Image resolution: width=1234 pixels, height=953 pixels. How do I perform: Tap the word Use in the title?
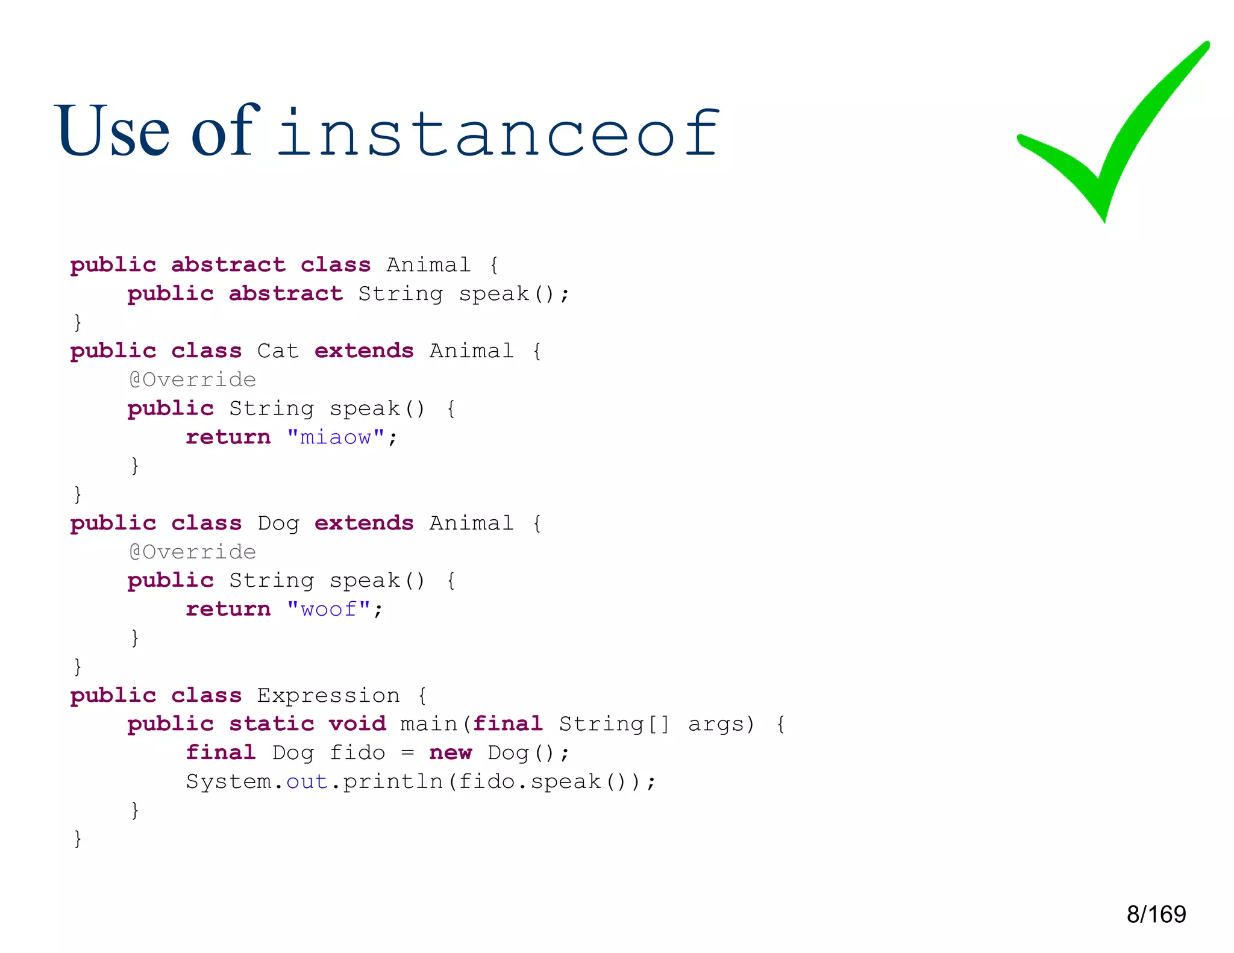pyautogui.click(x=112, y=131)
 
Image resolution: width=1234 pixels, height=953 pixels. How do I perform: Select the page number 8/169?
pyautogui.click(x=1156, y=914)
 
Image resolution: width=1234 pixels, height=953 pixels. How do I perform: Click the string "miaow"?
pyautogui.click(x=336, y=437)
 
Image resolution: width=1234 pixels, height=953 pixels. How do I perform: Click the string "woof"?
pyautogui.click(x=328, y=609)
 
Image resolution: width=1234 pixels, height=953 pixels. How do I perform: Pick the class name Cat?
pyautogui.click(x=278, y=351)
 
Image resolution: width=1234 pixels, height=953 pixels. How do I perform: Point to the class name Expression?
pyautogui.click(x=328, y=695)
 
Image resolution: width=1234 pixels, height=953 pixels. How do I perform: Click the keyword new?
pyautogui.click(x=450, y=752)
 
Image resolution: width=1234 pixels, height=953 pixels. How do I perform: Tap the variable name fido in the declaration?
pyautogui.click(x=357, y=752)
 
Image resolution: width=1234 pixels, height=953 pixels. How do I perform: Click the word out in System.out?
pyautogui.click(x=307, y=781)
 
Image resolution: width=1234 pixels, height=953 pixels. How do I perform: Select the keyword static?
pyautogui.click(x=271, y=723)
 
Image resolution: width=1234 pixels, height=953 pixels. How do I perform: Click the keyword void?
pyautogui.click(x=357, y=723)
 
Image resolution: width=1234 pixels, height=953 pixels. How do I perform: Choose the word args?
pyautogui.click(x=721, y=723)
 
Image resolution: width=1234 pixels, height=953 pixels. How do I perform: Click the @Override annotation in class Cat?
pyautogui.click(x=193, y=380)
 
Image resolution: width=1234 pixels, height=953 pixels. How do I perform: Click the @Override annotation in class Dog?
pyautogui.click(x=193, y=552)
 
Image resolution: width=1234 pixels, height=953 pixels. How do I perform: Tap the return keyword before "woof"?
pyautogui.click(x=228, y=609)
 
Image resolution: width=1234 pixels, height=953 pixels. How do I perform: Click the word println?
pyautogui.click(x=393, y=781)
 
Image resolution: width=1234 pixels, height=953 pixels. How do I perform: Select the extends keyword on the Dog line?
pyautogui.click(x=364, y=523)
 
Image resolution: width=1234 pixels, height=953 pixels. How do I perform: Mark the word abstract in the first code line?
pyautogui.click(x=228, y=264)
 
